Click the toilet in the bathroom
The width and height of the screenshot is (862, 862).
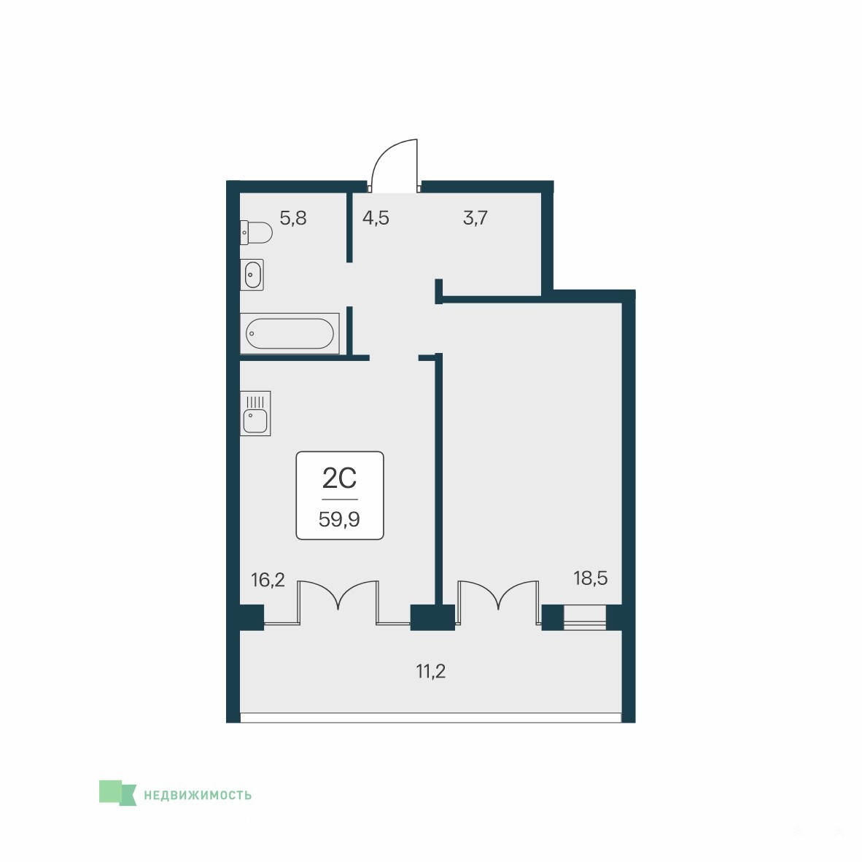pos(256,233)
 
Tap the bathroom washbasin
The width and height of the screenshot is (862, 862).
pos(252,274)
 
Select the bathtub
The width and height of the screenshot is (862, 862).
pos(290,334)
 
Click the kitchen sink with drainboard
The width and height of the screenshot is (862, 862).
pos(255,413)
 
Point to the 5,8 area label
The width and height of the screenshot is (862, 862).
pos(293,218)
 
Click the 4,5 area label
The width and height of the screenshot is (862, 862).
pos(376,218)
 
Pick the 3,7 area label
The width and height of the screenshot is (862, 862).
pos(475,218)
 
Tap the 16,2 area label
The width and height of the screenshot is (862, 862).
pos(268,580)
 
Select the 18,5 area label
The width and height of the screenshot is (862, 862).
pos(591,578)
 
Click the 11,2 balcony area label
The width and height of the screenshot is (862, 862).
pos(430,671)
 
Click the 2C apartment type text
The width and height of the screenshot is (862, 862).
pos(339,478)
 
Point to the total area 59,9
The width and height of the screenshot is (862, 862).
pos(339,519)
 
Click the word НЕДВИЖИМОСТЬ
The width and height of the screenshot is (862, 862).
pos(198,795)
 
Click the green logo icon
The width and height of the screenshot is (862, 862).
pos(117,793)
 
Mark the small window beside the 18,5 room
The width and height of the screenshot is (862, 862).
pos(585,618)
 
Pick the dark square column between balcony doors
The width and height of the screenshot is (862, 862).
pos(432,618)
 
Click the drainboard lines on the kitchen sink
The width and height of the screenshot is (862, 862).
pos(255,402)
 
